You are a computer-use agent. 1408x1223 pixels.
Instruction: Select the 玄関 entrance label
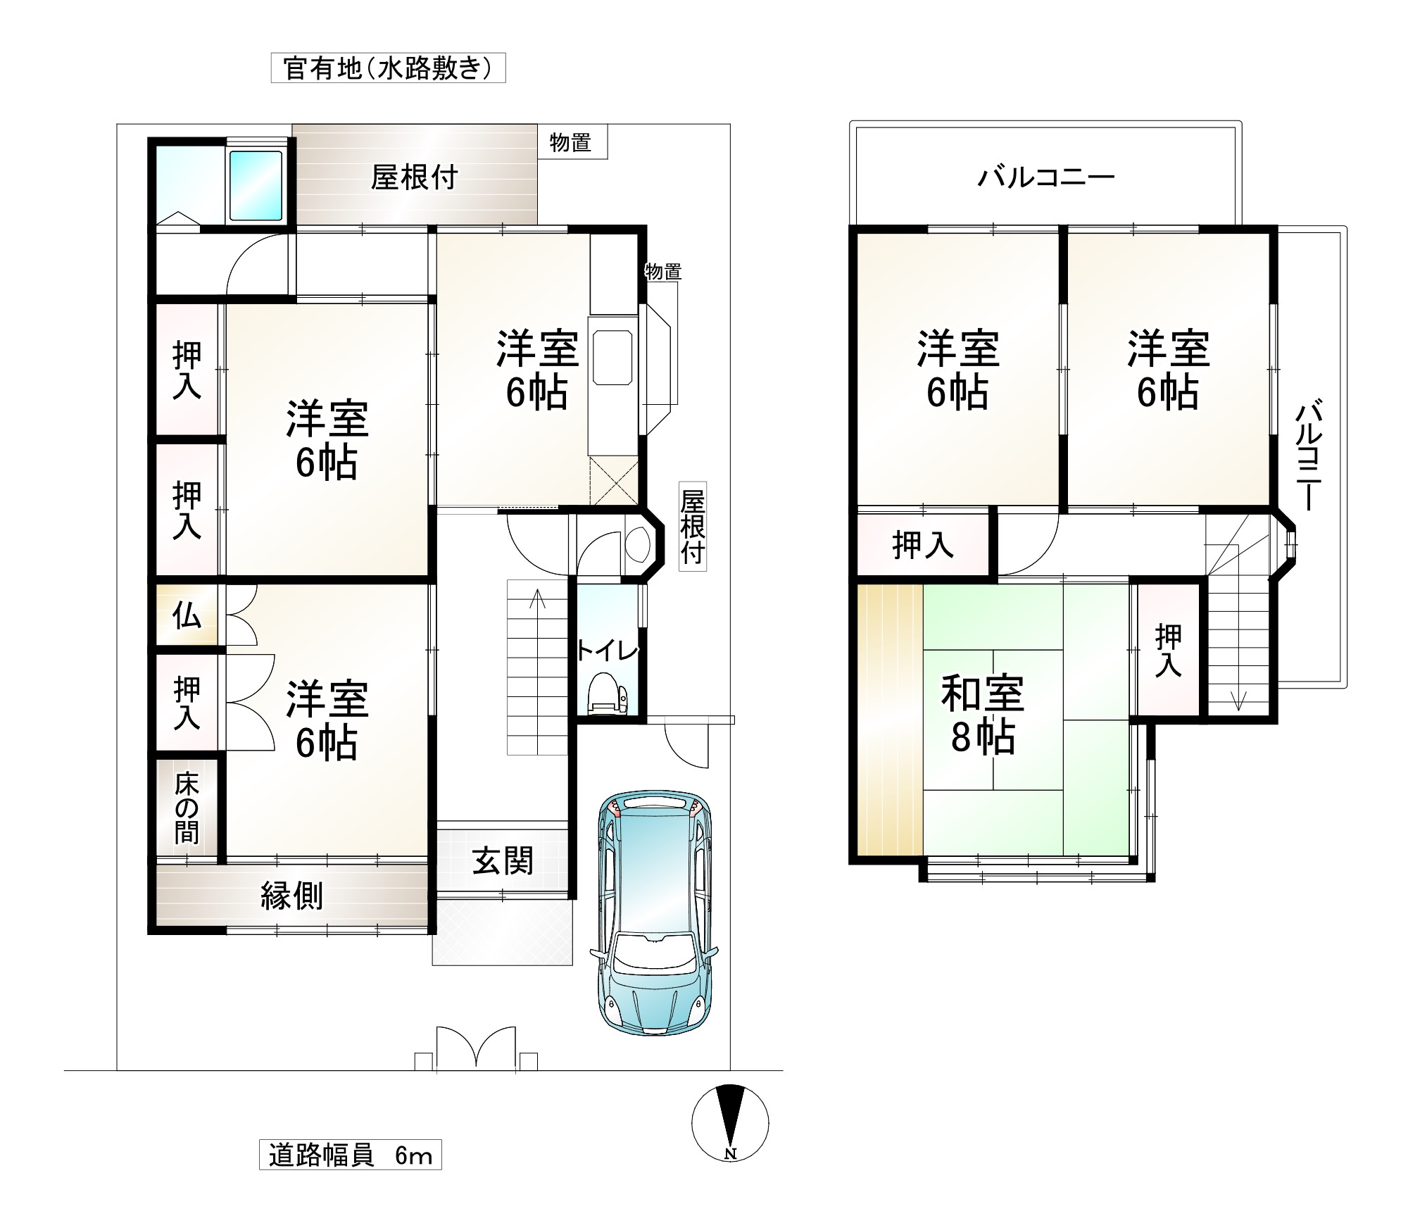(503, 861)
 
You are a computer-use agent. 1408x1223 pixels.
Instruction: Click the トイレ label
(607, 651)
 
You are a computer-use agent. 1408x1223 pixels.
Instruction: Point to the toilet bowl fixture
(607, 693)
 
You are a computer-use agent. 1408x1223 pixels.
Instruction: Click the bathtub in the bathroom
(257, 186)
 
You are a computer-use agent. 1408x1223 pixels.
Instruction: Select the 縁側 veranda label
(291, 896)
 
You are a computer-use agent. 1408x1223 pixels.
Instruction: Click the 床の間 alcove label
(187, 808)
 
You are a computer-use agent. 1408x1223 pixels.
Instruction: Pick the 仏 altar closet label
(187, 615)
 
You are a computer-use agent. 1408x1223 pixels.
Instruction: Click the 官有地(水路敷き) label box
(389, 68)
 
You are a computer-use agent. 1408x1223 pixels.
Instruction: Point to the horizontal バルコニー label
(1045, 177)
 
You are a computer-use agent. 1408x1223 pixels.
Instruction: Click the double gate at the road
(477, 1048)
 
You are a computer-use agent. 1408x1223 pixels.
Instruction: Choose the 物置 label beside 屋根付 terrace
(570, 142)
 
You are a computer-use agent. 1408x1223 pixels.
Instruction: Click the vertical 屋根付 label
(692, 527)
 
